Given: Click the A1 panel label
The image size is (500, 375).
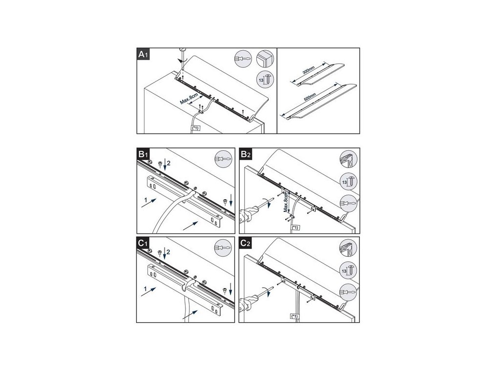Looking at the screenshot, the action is [x=143, y=54].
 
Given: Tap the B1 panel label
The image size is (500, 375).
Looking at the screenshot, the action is [x=143, y=154].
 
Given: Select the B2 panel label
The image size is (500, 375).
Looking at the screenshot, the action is [x=246, y=154].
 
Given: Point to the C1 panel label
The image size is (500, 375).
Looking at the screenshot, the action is [x=143, y=243].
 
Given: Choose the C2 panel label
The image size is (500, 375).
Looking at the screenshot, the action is [x=246, y=243].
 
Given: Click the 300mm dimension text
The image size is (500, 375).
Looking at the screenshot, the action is [x=309, y=70].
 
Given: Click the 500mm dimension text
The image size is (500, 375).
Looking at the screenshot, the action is [x=310, y=97].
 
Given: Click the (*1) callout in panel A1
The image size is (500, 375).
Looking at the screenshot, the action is [x=195, y=128].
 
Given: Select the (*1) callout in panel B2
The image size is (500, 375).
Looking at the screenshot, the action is [x=295, y=228].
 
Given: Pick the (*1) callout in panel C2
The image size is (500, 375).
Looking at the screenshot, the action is [x=294, y=316].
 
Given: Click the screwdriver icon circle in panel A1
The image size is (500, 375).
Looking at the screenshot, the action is [x=243, y=59].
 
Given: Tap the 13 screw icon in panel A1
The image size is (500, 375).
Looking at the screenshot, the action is [x=265, y=79].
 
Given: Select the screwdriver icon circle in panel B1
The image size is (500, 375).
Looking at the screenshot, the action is [x=223, y=159].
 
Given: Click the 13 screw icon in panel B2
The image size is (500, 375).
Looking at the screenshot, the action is [x=348, y=182].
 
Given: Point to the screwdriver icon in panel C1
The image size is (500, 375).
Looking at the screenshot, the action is [x=223, y=248].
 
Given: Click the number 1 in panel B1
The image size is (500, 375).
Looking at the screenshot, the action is [x=146, y=200].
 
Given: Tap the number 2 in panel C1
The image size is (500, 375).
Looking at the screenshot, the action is [x=168, y=252].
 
